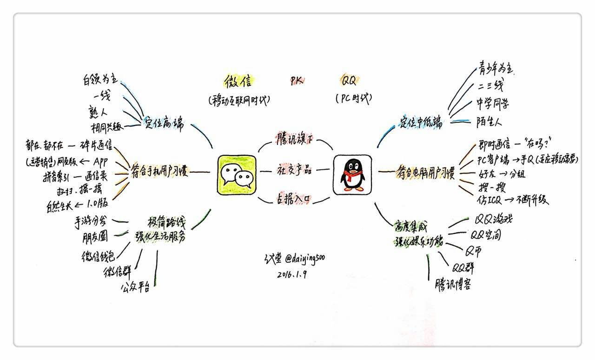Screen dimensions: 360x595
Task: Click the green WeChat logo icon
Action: point(237,174)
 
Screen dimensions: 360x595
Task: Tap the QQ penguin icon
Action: point(352,175)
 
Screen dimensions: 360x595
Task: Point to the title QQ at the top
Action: point(349,81)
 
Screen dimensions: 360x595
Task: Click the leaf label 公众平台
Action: point(136,288)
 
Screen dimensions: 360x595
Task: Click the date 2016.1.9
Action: point(291,274)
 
